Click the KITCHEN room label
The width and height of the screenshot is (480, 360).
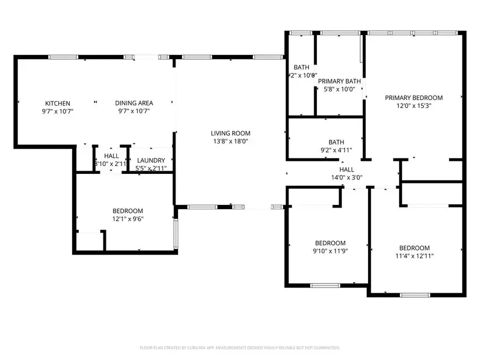58,103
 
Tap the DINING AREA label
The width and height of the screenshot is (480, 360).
134,103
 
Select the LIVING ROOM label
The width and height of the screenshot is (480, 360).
230,133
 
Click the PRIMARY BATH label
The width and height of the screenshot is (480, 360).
339,81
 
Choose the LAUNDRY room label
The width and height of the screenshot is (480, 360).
151,161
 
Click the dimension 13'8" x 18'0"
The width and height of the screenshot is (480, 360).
230,141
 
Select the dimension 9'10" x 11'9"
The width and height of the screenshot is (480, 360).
330,251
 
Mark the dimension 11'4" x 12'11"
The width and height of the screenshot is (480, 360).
414,256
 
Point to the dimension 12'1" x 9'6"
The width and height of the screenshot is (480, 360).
127,219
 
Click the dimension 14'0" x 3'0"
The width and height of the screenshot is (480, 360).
347,178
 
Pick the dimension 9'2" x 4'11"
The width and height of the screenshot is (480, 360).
336,150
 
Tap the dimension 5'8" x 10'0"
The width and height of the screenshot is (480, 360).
339,89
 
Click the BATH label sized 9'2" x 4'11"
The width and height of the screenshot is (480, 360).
336,142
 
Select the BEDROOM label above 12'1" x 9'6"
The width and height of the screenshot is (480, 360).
127,211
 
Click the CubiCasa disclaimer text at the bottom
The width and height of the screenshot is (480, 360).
239,348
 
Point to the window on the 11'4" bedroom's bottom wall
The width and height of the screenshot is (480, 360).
414,295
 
